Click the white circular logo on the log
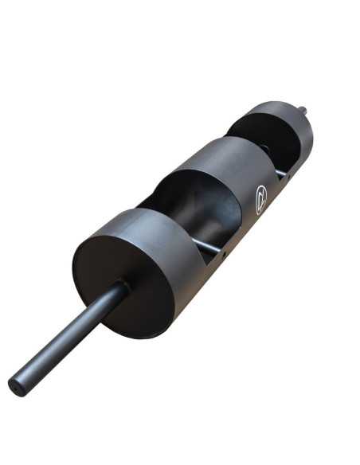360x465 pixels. pos(261,198)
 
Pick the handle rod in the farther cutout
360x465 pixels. pos(281,172)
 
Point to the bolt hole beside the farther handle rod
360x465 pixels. pos(288,179)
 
